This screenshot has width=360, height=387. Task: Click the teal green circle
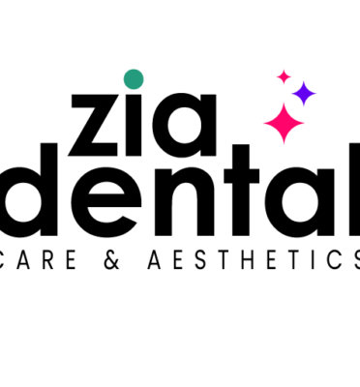pyautogui.click(x=134, y=79)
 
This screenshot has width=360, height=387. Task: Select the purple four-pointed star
pyautogui.click(x=304, y=94)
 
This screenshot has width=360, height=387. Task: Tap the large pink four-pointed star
pyautogui.click(x=284, y=124)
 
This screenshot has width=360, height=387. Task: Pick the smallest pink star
pyautogui.click(x=284, y=76)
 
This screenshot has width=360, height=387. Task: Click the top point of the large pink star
pyautogui.click(x=284, y=103)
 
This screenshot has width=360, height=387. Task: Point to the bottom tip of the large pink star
pyautogui.click(x=284, y=145)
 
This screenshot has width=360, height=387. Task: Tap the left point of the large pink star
pyautogui.click(x=262, y=124)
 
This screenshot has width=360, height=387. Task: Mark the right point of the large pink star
pyautogui.click(x=306, y=124)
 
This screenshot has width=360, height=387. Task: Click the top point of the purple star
pyautogui.click(x=304, y=80)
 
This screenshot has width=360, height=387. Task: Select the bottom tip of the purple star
pyautogui.click(x=304, y=107)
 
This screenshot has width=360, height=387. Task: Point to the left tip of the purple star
pyautogui.click(x=290, y=94)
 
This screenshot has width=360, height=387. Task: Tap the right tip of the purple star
pyautogui.click(x=317, y=94)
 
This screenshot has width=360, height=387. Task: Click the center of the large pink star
pyautogui.click(x=284, y=124)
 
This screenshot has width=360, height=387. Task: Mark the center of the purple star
pyautogui.click(x=304, y=94)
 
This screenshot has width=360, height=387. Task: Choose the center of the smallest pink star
pyautogui.click(x=284, y=76)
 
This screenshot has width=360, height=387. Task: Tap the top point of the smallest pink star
pyautogui.click(x=284, y=68)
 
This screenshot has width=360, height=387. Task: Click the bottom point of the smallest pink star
pyautogui.click(x=284, y=85)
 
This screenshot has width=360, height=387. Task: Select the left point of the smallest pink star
pyautogui.click(x=275, y=76)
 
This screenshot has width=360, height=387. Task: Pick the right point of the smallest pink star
pyautogui.click(x=292, y=76)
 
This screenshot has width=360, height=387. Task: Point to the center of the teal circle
pyautogui.click(x=134, y=79)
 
